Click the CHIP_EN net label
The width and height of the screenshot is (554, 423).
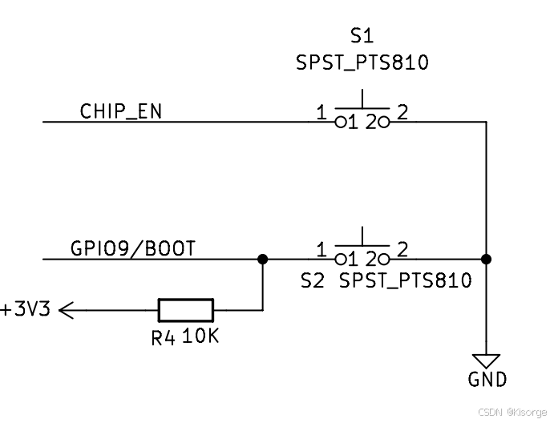pos(120,111)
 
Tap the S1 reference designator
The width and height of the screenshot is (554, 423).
pos(362,35)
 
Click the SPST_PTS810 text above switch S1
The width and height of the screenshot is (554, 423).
pos(362,62)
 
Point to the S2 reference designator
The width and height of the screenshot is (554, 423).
pos(311,280)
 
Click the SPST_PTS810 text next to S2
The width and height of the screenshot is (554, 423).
pos(405,280)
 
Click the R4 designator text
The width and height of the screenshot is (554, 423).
pos(163,338)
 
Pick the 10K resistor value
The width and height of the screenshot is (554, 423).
pos(200,336)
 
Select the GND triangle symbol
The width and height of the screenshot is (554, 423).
pos(486,361)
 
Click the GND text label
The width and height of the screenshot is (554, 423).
pos(487,381)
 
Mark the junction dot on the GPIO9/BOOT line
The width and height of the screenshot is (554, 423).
pos(262,259)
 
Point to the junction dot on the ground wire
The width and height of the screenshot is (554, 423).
pos(486,259)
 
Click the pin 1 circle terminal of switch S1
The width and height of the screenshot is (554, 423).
pos(339,123)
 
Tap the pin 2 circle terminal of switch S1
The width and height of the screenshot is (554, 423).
pos(384,123)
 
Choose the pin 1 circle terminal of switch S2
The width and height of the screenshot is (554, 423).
pos(339,259)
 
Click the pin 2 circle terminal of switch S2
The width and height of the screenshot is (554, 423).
pos(384,259)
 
